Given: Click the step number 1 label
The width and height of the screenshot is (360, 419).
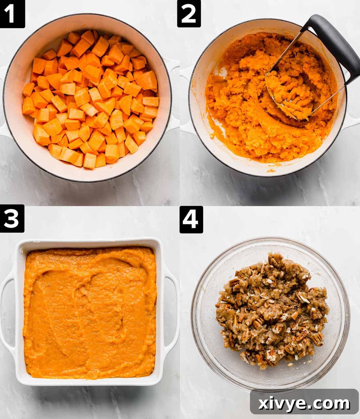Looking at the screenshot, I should click(12, 14).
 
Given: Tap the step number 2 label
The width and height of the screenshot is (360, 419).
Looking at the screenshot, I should click(189, 14).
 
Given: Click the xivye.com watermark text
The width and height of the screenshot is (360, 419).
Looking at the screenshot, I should click(304, 403).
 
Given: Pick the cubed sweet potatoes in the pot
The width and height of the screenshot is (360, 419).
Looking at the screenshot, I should click(90, 99).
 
